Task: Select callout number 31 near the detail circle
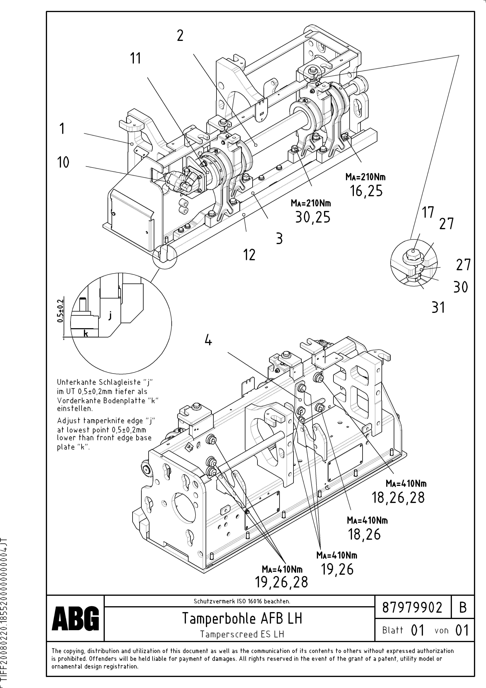[x=438, y=308]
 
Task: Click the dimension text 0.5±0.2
[x=61, y=311]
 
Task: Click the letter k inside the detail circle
[x=86, y=333]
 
